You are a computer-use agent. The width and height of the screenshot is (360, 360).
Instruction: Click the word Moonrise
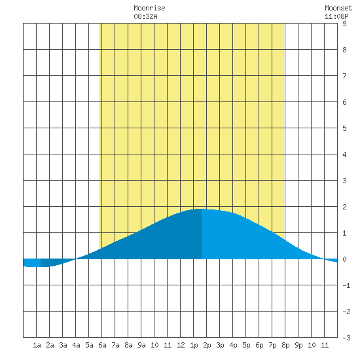pyautogui.click(x=149, y=8)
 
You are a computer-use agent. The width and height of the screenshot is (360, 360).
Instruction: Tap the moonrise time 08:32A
pyautogui.click(x=145, y=16)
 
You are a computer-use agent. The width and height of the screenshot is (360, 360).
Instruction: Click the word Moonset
pyautogui.click(x=338, y=8)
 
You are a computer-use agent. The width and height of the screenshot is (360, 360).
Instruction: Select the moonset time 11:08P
pyautogui.click(x=336, y=16)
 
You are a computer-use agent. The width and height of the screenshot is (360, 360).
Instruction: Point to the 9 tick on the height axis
pyautogui.click(x=344, y=24)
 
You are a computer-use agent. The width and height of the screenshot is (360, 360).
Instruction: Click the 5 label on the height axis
pyautogui.click(x=344, y=128)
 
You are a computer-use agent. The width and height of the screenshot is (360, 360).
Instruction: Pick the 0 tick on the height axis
pyautogui.click(x=344, y=259)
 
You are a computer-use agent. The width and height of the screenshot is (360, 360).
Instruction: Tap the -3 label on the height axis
pyautogui.click(x=346, y=338)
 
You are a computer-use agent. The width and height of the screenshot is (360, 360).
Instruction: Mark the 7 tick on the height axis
pyautogui.click(x=344, y=76)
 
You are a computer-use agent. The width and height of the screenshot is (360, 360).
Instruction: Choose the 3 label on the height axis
pyautogui.click(x=344, y=181)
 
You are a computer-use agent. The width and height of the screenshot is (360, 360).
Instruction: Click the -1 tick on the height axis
pyautogui.click(x=346, y=285)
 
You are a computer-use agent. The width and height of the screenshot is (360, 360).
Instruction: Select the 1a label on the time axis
pyautogui.click(x=37, y=345)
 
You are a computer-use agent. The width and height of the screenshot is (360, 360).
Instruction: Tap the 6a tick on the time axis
pyautogui.click(x=102, y=345)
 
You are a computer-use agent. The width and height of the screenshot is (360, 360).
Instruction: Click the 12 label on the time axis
pyautogui.click(x=181, y=345)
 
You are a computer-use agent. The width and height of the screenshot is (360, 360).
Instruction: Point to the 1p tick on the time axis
pyautogui.click(x=194, y=345)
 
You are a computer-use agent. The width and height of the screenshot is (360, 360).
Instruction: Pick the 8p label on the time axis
pyautogui.click(x=285, y=345)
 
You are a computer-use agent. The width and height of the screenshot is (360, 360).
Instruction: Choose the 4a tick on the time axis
pyautogui.click(x=76, y=345)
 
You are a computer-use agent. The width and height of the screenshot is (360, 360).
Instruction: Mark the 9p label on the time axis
pyautogui.click(x=298, y=345)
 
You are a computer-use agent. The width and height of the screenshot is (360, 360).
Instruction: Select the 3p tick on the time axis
pyautogui.click(x=220, y=345)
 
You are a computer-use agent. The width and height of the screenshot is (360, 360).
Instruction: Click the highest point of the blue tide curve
pyautogui.click(x=201, y=209)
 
